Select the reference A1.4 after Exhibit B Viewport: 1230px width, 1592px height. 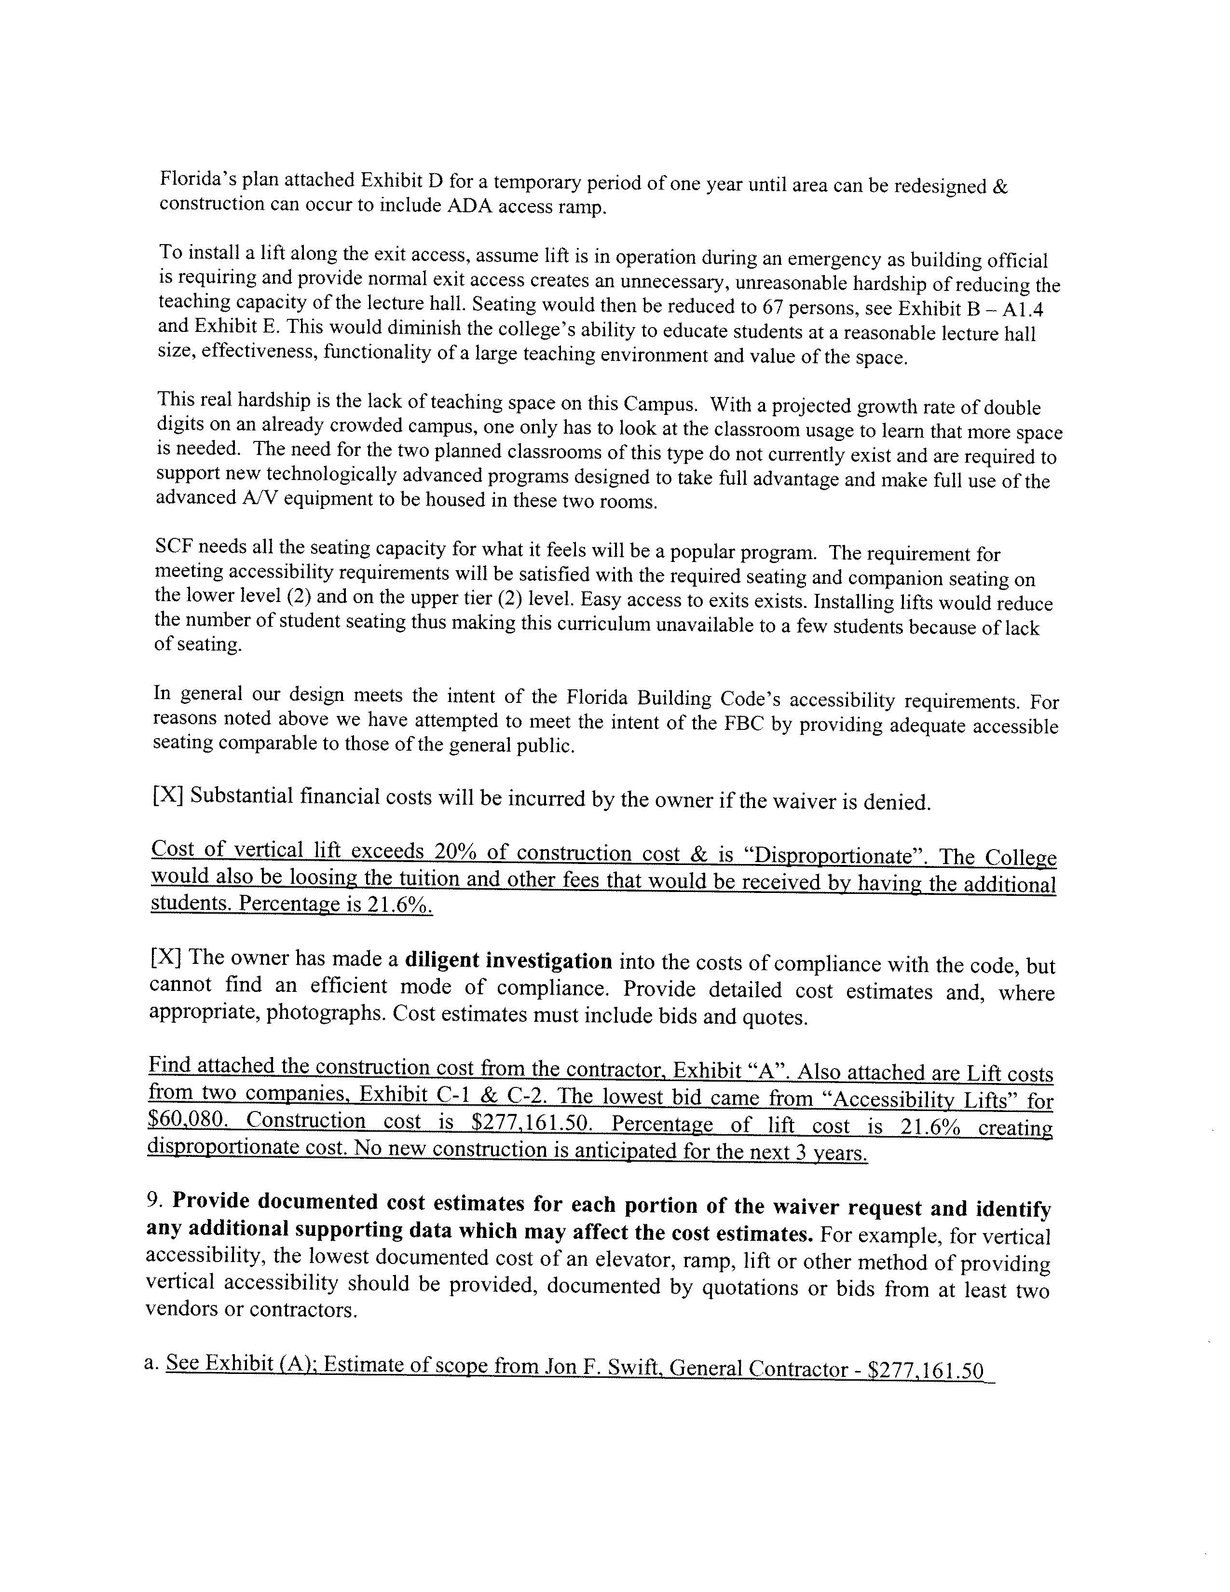1022,310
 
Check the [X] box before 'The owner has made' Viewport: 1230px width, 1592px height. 166,957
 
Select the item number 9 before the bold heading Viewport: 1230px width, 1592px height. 153,1200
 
